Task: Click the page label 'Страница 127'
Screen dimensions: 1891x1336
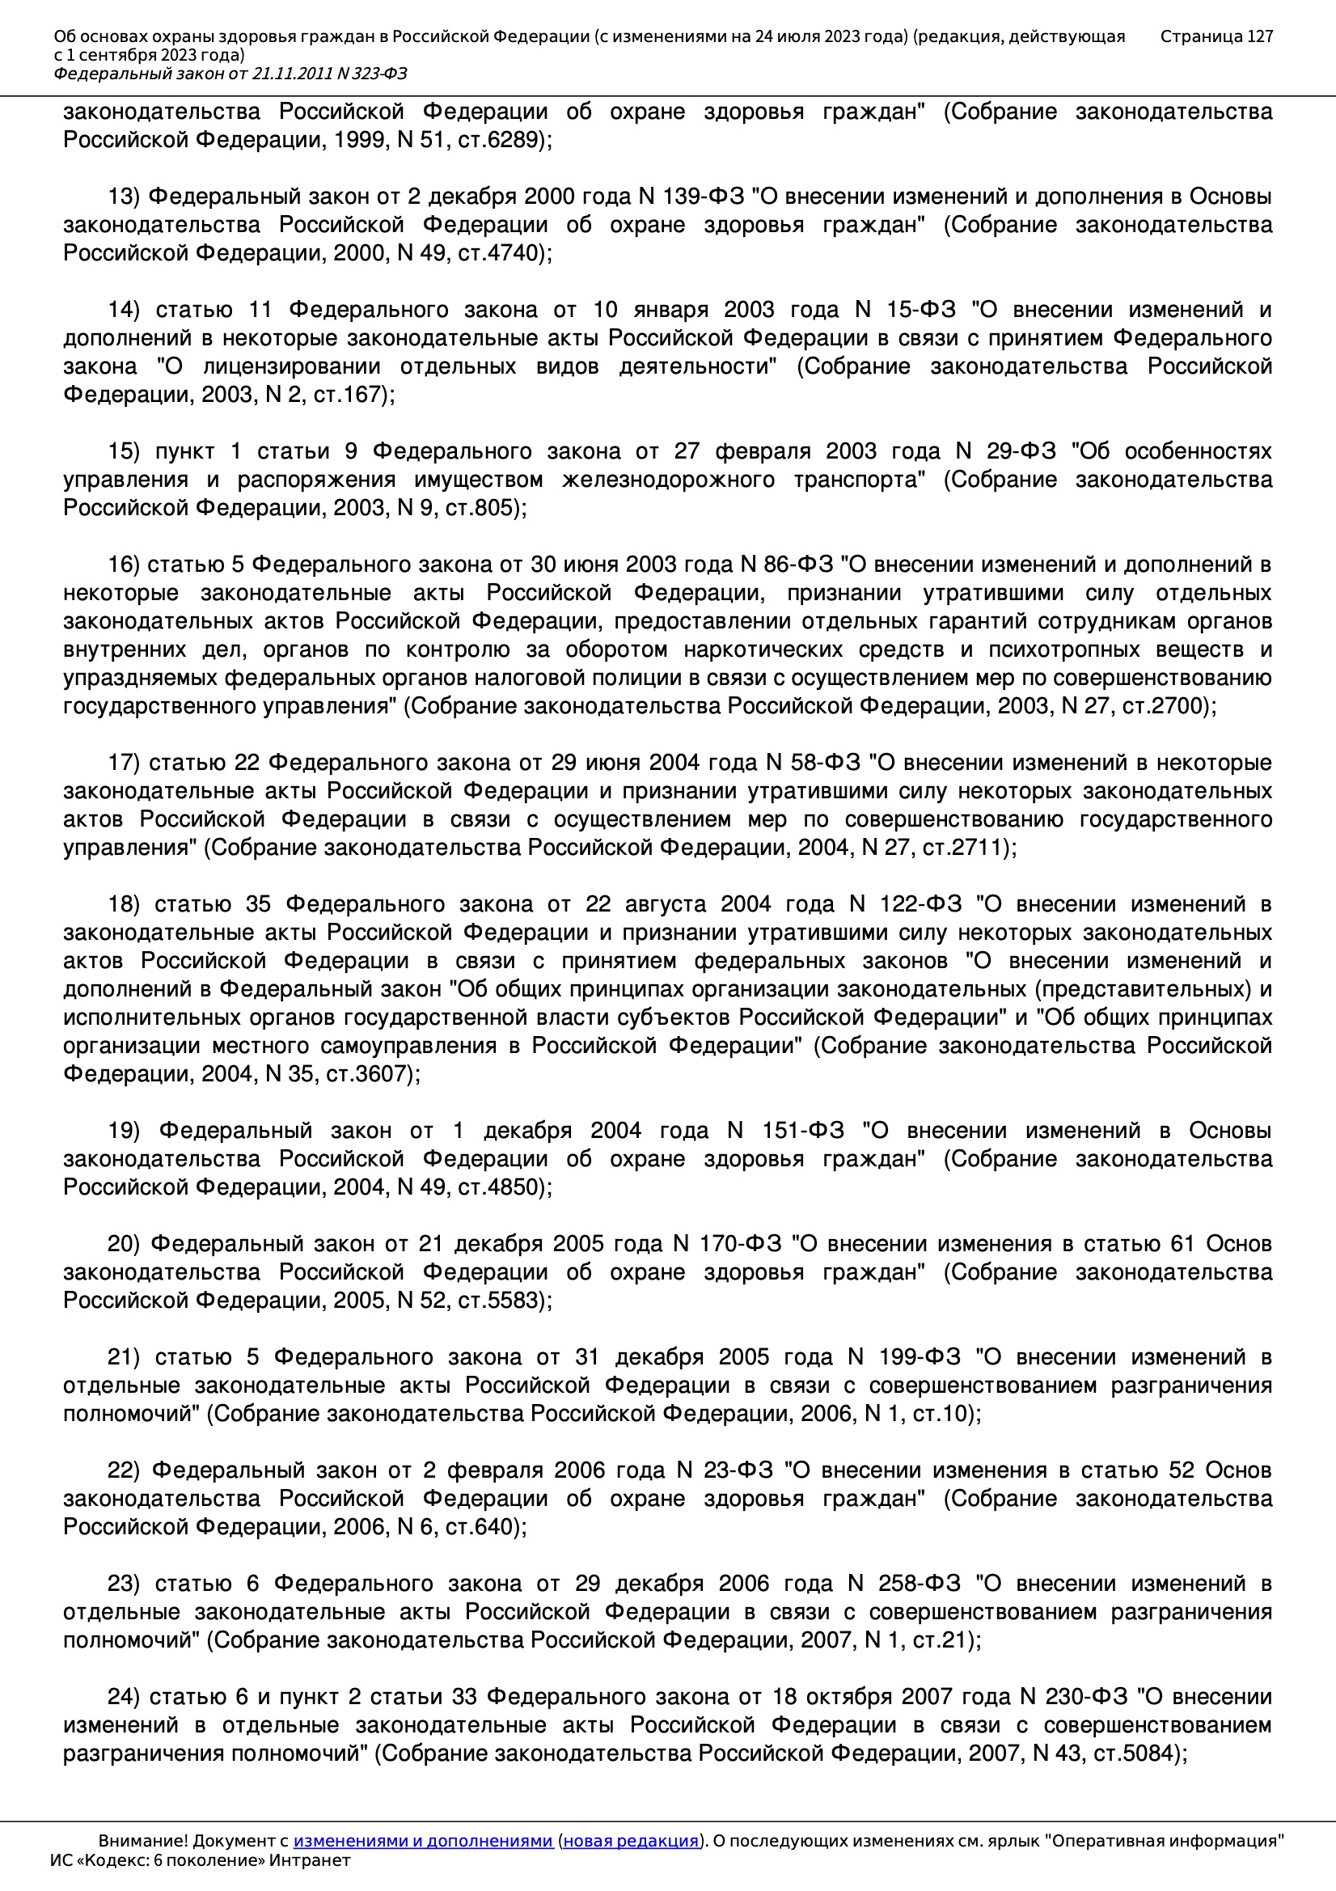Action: [x=1216, y=36]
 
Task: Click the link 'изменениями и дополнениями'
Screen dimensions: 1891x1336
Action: [x=422, y=1841]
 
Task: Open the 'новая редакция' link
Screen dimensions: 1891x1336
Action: [x=630, y=1841]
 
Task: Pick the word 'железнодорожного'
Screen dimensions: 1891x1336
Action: [x=667, y=480]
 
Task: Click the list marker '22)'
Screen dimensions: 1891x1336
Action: [x=124, y=1470]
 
